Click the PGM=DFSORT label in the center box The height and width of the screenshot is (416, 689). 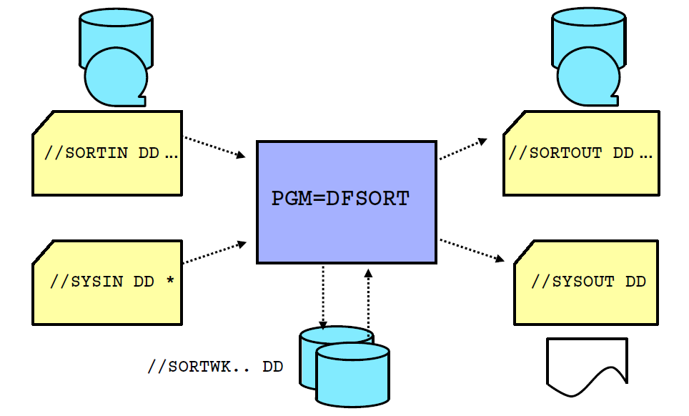pos(340,199)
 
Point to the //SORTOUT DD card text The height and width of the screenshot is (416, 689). pos(580,153)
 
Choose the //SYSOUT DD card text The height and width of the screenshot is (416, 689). pos(588,281)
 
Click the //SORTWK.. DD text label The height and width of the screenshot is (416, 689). pos(215,367)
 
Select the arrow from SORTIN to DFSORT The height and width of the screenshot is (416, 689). pos(215,146)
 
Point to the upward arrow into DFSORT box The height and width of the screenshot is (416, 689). pos(368,300)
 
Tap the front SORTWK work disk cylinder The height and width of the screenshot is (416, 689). pos(353,375)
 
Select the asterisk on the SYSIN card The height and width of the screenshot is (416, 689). pos(170,279)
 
